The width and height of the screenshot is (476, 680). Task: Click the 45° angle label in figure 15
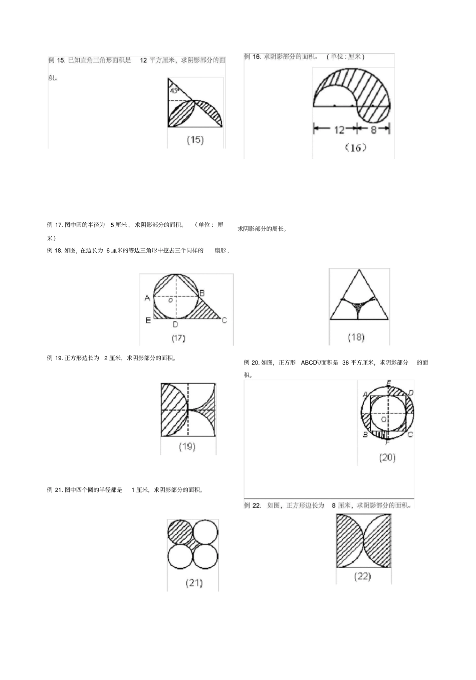(174, 91)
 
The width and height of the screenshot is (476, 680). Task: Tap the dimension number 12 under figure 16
(339, 129)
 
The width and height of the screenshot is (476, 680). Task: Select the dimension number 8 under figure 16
(373, 129)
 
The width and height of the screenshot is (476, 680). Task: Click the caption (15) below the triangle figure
(195, 140)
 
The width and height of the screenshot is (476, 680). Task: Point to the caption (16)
(356, 147)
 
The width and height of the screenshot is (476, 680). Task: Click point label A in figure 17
(147, 298)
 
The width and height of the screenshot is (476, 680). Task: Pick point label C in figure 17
(224, 320)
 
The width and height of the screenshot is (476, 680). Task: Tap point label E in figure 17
(148, 320)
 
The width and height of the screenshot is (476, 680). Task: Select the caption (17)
(178, 338)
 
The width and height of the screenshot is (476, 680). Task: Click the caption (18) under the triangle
(356, 337)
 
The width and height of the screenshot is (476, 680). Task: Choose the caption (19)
(187, 446)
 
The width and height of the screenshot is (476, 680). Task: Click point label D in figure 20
(410, 393)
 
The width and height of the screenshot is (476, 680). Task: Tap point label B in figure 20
(365, 435)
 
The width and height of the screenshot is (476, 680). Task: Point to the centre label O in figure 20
(384, 419)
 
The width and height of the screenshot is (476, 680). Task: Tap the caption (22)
(362, 576)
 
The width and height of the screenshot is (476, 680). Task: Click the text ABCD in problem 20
(309, 363)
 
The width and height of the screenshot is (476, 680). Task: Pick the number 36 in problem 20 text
(345, 363)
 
